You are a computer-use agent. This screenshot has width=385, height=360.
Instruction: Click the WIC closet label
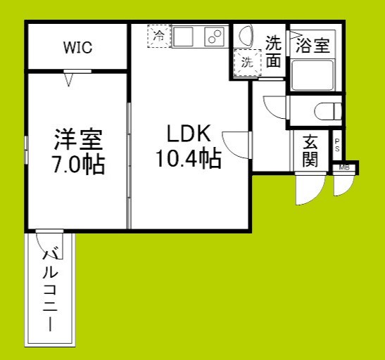[x=77, y=48]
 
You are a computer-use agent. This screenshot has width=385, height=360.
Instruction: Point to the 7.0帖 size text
[x=77, y=165]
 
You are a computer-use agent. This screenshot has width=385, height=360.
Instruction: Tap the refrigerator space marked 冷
[x=159, y=36]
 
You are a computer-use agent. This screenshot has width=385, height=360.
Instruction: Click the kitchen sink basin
[x=187, y=36]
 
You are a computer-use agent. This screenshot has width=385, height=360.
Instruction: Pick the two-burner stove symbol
[x=214, y=37]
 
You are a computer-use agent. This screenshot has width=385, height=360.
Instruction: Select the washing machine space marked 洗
[x=247, y=62]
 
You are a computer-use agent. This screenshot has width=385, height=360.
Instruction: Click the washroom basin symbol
[x=246, y=36]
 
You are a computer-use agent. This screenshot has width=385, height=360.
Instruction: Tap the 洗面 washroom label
[x=274, y=51]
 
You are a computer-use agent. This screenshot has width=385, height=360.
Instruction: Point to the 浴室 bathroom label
[x=312, y=47]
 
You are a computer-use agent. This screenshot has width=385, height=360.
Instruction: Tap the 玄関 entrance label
[x=310, y=150]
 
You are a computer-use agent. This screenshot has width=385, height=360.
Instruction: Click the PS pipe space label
[x=337, y=146]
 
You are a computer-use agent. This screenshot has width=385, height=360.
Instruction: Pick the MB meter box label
[x=345, y=168]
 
